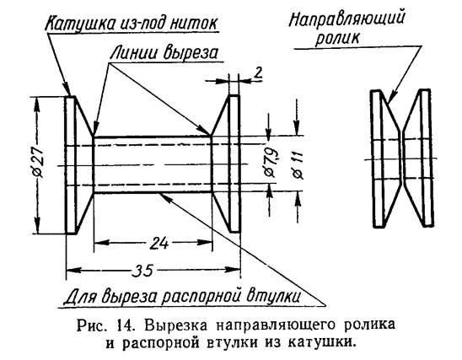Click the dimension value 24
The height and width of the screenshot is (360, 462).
click(159, 244)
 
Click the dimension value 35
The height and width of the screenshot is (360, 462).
click(143, 271)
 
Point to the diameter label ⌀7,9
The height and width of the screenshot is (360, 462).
click(271, 163)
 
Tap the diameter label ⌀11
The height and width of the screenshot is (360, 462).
click(298, 165)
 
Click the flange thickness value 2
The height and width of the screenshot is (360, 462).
click(257, 73)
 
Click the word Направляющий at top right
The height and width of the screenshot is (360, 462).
click(346, 19)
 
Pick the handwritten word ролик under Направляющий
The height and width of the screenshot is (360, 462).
click(337, 38)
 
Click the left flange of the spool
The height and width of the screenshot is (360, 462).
click(71, 164)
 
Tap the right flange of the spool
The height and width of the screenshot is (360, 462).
click(234, 164)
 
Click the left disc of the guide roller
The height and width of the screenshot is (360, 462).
click(378, 159)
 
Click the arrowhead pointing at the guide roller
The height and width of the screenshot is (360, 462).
click(392, 97)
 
